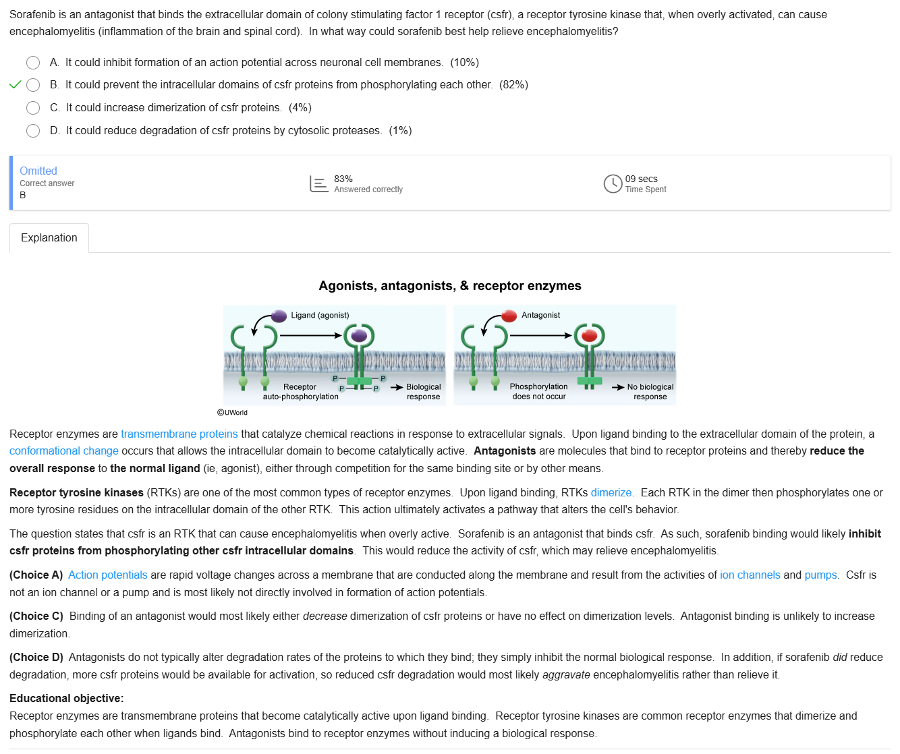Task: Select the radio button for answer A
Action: pyautogui.click(x=33, y=63)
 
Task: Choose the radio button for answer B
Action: pyautogui.click(x=33, y=85)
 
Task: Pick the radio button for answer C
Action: pyautogui.click(x=33, y=108)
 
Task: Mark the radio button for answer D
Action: pyautogui.click(x=33, y=131)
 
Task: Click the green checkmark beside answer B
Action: pyautogui.click(x=16, y=85)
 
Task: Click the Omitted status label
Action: pyautogui.click(x=38, y=171)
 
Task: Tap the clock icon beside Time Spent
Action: pyautogui.click(x=613, y=183)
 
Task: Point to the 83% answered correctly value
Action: pyautogui.click(x=343, y=179)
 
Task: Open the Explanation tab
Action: pyautogui.click(x=49, y=238)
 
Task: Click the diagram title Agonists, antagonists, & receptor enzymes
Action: pyautogui.click(x=450, y=286)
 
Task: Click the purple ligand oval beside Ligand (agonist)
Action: pyautogui.click(x=279, y=316)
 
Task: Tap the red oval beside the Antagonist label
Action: pyautogui.click(x=509, y=316)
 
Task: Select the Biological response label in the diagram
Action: pyautogui.click(x=423, y=392)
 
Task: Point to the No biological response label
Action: pyautogui.click(x=650, y=392)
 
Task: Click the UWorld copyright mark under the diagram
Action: pyautogui.click(x=233, y=413)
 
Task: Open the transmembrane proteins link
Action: pyautogui.click(x=179, y=434)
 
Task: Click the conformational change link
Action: pyautogui.click(x=64, y=451)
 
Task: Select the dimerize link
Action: pyautogui.click(x=611, y=493)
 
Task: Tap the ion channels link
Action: pyautogui.click(x=750, y=575)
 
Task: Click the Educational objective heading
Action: pyautogui.click(x=67, y=699)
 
